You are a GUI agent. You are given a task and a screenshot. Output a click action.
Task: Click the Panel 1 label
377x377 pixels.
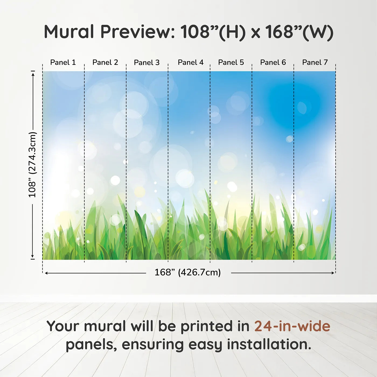click(x=63, y=62)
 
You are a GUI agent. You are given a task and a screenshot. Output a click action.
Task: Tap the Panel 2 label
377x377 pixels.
click(x=105, y=62)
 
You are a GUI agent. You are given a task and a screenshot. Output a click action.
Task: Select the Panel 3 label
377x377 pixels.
click(x=147, y=62)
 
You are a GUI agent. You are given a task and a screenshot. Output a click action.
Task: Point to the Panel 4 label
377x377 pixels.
click(x=191, y=62)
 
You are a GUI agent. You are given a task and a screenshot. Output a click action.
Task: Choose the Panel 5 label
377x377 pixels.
click(x=231, y=62)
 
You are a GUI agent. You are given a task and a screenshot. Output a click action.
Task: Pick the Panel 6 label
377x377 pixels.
click(x=273, y=62)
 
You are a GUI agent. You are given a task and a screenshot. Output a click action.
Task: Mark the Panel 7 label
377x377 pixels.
click(x=315, y=62)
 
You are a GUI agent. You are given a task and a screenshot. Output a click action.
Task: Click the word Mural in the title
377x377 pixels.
click(x=69, y=32)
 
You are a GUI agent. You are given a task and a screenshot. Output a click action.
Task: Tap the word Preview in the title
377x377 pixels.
click(x=138, y=32)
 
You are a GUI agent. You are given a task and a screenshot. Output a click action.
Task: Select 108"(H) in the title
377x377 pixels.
click(x=213, y=32)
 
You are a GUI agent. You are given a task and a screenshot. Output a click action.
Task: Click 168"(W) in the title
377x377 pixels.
click(x=299, y=32)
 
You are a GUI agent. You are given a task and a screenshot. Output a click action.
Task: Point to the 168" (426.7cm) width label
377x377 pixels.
click(x=188, y=273)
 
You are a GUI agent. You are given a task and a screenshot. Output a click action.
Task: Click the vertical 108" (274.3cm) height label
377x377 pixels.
click(x=32, y=165)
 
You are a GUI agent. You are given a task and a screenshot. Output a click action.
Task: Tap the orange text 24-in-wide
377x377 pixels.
click(x=292, y=326)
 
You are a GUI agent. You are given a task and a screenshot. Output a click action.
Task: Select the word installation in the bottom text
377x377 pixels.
click(x=269, y=344)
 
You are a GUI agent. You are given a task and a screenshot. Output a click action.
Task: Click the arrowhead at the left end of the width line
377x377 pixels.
click(x=46, y=273)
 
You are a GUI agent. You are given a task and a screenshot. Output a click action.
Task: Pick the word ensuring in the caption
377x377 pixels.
click(x=153, y=345)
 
